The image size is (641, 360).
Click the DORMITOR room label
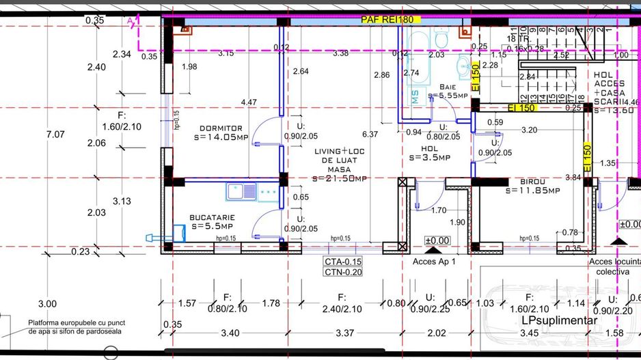click(221, 128)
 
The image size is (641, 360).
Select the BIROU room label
click(532, 181)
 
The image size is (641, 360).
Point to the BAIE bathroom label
click(448, 87)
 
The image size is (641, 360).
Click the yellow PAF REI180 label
click(387, 20)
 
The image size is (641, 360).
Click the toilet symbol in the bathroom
click(440, 42)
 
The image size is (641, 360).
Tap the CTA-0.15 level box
click(344, 261)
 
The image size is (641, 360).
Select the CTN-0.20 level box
click(344, 272)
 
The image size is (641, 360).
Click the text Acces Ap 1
click(434, 261)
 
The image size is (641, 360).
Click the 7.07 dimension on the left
click(55, 135)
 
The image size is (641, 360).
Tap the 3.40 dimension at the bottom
click(230, 333)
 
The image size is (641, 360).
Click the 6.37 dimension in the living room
click(370, 135)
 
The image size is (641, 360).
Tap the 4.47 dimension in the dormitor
click(249, 102)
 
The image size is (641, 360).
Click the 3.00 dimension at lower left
click(47, 304)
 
